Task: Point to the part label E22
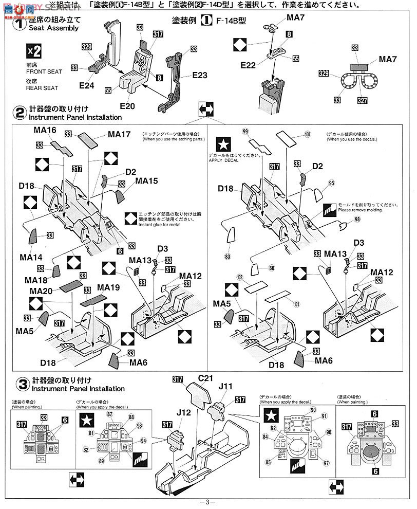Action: pyautogui.click(x=248, y=65)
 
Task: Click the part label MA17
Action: pyautogui.click(x=119, y=134)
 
